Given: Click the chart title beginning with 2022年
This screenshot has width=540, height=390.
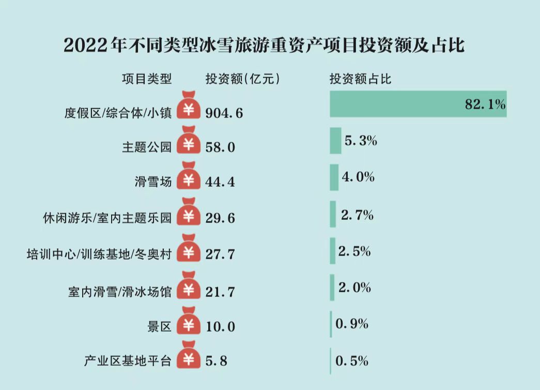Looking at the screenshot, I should [x=264, y=46].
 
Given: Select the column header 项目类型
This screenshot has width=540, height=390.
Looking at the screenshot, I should [x=146, y=79].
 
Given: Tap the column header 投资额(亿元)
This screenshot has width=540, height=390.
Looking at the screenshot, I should [x=242, y=79].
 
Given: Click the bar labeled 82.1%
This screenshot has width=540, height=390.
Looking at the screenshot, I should [x=418, y=104].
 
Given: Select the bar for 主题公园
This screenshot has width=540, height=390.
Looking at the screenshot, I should [x=335, y=141].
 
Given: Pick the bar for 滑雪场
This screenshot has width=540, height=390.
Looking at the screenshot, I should [x=334, y=177].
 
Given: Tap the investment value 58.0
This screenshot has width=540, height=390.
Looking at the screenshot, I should [x=220, y=147].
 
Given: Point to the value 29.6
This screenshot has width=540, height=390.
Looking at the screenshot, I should [x=220, y=218].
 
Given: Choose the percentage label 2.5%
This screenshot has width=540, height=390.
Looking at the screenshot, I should [x=354, y=252].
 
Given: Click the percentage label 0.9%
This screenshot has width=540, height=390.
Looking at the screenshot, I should [x=352, y=324].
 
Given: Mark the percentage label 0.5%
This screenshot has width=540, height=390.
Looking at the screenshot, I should [x=352, y=361].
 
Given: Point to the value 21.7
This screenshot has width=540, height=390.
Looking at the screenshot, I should [x=220, y=291].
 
